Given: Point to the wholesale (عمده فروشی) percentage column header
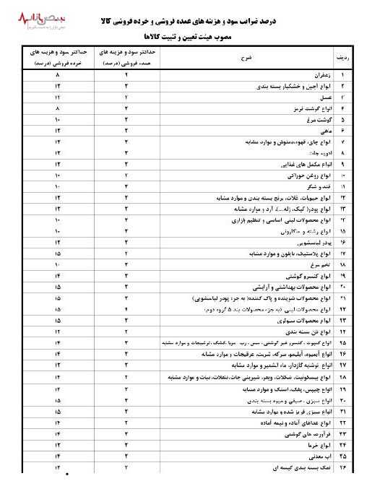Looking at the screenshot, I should tap(126, 57).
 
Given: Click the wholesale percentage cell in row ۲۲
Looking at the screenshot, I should tap(126, 310).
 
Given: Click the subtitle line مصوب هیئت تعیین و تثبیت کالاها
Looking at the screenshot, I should tap(183, 35).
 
